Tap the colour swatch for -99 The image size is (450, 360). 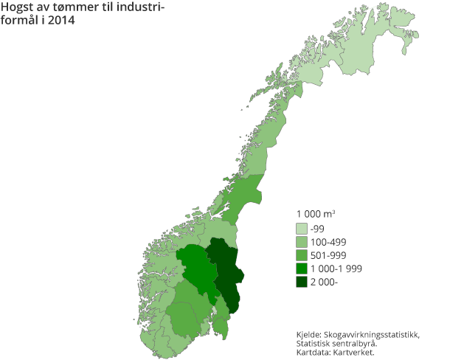(302, 229)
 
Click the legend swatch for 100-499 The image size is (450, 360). (302, 242)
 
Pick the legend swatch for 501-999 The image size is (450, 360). (302, 255)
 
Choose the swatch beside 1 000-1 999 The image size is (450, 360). (302, 269)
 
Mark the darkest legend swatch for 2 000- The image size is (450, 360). (302, 282)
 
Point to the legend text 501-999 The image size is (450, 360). (329, 255)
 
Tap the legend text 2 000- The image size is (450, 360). (325, 282)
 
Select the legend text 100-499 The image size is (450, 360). (329, 242)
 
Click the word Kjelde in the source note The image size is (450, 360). (309, 335)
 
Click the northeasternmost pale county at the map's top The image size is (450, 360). (369, 37)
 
